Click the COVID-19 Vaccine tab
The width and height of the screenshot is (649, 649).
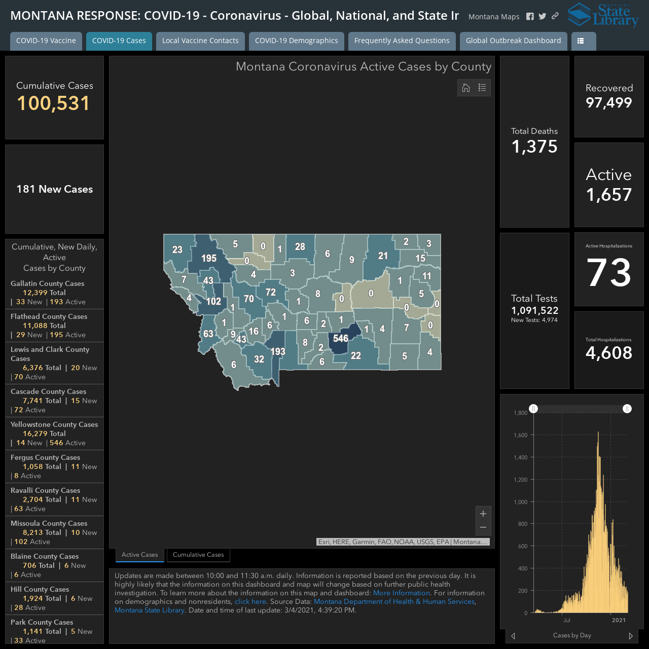click(x=46, y=41)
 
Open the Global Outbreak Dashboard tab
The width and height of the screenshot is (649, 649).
click(x=513, y=41)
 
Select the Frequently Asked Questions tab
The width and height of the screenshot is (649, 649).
click(x=402, y=41)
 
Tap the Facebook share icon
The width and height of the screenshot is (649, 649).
click(x=530, y=17)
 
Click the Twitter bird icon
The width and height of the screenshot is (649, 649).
click(x=542, y=16)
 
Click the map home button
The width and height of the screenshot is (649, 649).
click(x=466, y=88)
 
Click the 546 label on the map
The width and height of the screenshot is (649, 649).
click(x=341, y=338)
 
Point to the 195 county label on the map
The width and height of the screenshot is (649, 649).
click(x=209, y=258)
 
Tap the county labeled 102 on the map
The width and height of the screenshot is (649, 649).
click(x=213, y=301)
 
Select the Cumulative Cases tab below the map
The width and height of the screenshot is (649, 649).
click(x=198, y=555)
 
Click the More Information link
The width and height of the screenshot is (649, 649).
click(x=402, y=593)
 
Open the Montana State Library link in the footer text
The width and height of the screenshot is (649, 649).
click(x=150, y=610)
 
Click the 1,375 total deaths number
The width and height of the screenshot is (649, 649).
click(x=534, y=147)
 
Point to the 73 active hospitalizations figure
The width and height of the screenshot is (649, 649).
click(x=608, y=272)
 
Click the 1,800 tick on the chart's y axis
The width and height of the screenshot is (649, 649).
click(x=520, y=413)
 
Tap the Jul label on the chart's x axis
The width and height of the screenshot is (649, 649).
click(x=567, y=620)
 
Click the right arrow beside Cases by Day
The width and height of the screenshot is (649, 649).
click(x=630, y=636)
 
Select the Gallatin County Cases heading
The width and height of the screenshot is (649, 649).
click(x=48, y=283)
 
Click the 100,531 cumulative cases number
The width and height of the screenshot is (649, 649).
click(x=54, y=103)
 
